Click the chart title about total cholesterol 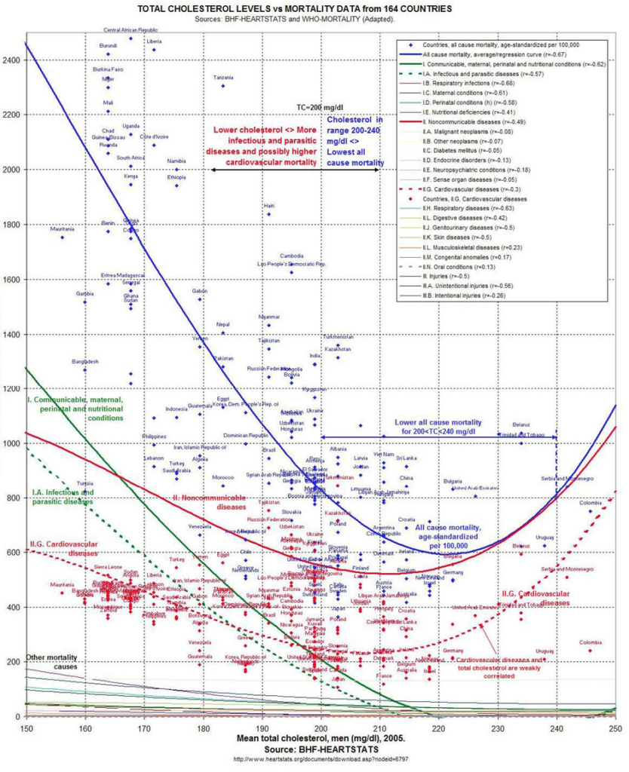coord(294,8)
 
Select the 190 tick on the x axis coord(262,728)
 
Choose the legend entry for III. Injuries coord(445,276)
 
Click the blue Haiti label coord(268,205)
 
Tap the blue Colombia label coord(591,502)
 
